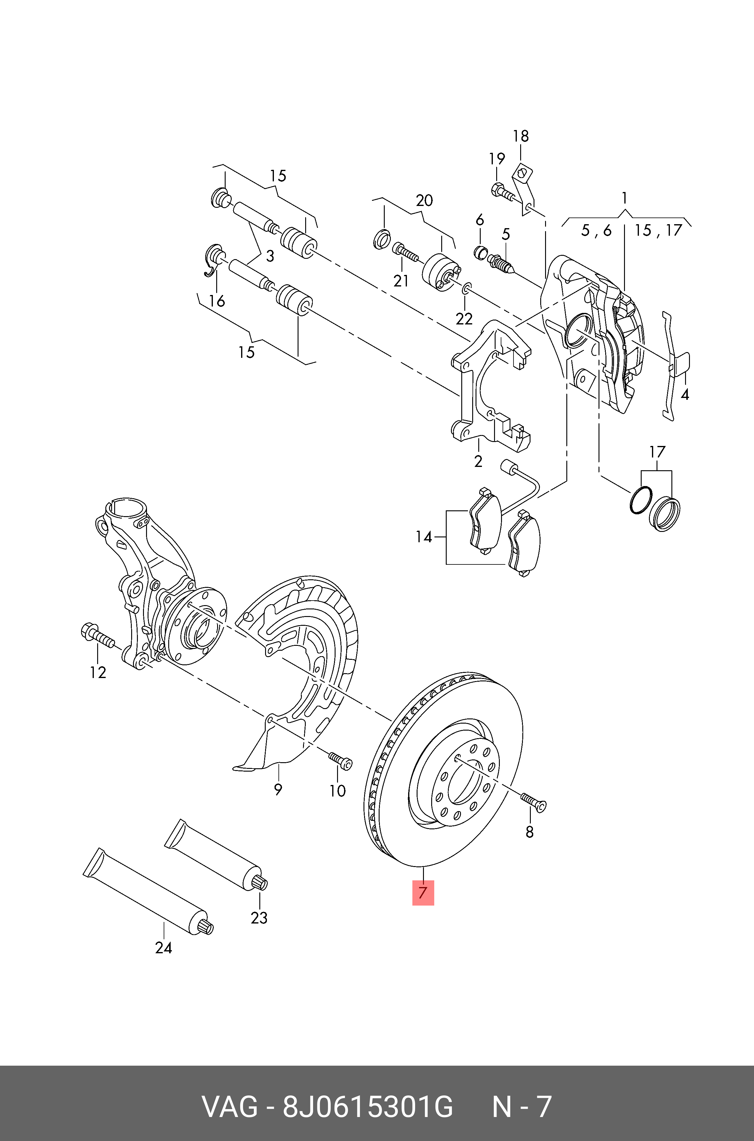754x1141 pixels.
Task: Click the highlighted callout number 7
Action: click(x=423, y=893)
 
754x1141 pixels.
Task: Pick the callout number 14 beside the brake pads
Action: click(x=424, y=537)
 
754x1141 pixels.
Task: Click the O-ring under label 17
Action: click(x=640, y=500)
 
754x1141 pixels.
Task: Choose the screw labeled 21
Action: click(x=405, y=251)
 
